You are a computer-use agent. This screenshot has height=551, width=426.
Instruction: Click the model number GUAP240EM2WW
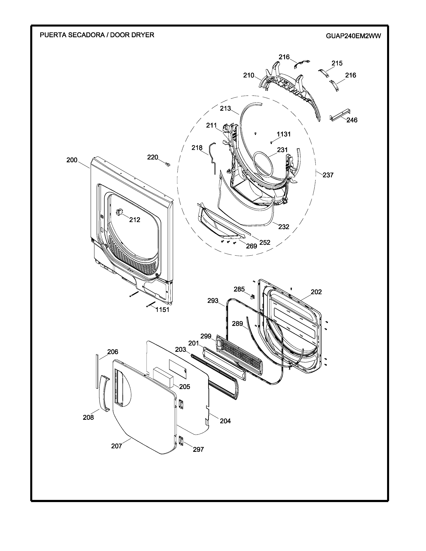pyautogui.click(x=353, y=36)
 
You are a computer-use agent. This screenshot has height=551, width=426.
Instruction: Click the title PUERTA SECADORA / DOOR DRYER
pyautogui.click(x=97, y=35)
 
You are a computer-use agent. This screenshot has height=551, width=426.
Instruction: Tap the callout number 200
pyautogui.click(x=72, y=160)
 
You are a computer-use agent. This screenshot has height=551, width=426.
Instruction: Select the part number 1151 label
pyautogui.click(x=162, y=310)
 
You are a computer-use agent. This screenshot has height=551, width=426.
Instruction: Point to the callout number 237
pyautogui.click(x=328, y=175)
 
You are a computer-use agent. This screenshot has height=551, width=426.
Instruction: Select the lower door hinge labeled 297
pyautogui.click(x=181, y=441)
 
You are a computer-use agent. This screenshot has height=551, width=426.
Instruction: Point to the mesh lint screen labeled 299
pyautogui.click(x=240, y=356)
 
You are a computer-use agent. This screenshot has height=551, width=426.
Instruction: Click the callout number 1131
pyautogui.click(x=284, y=134)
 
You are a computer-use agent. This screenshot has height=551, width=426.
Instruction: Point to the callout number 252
pyautogui.click(x=265, y=242)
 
